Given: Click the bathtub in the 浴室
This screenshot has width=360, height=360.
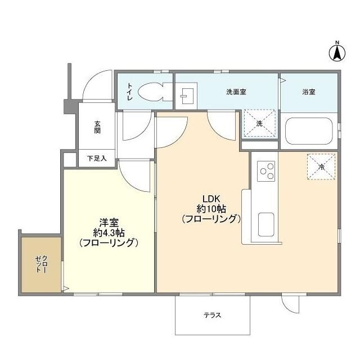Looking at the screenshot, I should (309, 131).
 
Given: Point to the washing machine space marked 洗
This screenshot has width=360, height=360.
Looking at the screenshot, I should (259, 123).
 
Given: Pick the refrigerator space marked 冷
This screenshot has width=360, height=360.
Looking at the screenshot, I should (321, 166).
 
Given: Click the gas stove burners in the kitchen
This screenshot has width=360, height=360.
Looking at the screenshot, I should (266, 171).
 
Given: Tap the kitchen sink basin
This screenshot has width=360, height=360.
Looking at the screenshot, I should (266, 225).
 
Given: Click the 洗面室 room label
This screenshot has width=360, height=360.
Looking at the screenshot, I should (236, 91).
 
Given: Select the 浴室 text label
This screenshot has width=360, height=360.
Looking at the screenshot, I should (308, 91).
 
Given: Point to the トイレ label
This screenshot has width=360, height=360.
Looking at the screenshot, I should (129, 92).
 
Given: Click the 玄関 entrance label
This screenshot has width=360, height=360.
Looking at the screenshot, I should (97, 127).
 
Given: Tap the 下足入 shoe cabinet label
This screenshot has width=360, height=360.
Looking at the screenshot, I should (97, 159).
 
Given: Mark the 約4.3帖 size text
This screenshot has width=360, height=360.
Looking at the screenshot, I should (109, 233).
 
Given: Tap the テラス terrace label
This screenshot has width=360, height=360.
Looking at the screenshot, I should (212, 315).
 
